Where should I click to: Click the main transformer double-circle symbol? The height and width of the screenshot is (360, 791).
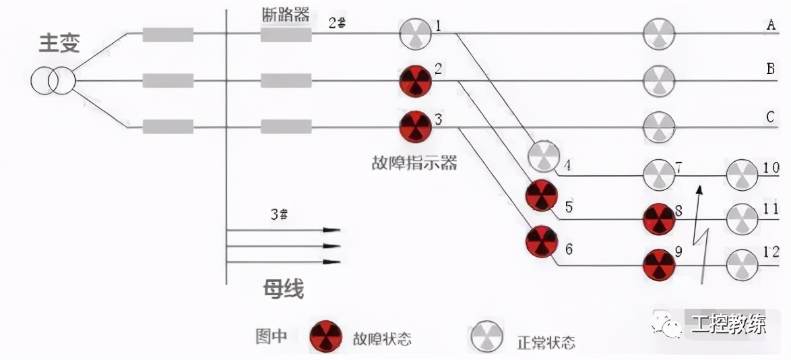click(53, 81)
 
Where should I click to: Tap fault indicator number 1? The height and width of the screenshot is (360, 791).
click(415, 33)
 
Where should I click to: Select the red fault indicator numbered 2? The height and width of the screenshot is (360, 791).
click(415, 82)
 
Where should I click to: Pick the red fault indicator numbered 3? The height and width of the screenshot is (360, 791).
click(415, 126)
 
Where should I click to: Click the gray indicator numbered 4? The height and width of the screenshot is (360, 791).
click(543, 157)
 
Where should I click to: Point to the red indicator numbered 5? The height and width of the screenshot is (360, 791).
click(542, 196)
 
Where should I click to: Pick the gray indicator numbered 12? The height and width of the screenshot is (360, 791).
click(742, 264)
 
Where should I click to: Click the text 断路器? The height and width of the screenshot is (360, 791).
click(285, 16)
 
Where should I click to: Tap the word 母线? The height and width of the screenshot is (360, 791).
click(283, 289)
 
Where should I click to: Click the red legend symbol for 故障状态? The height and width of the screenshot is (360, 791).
click(326, 336)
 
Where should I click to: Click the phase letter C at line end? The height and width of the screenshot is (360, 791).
click(771, 117)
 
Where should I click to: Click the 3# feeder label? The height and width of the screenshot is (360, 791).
click(279, 215)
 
